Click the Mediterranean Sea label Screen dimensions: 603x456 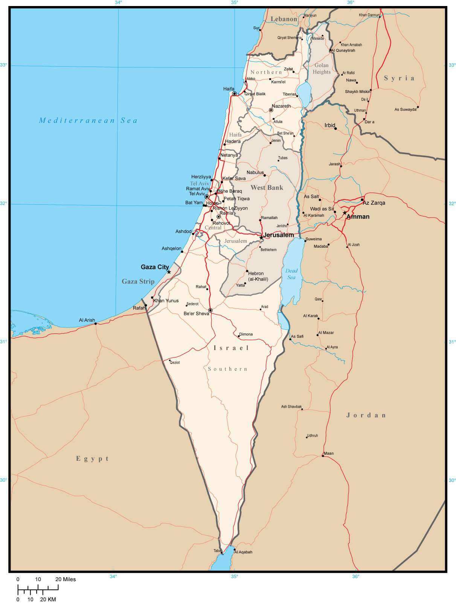(x=88, y=120)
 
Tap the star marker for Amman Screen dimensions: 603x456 (x=345, y=213)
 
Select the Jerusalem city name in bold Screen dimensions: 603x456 (x=278, y=235)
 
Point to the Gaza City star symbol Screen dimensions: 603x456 (x=169, y=272)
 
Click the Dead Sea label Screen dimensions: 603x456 (x=291, y=274)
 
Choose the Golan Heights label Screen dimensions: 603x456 (x=322, y=69)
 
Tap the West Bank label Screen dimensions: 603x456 (x=267, y=187)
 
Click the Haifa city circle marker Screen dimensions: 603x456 (x=234, y=94)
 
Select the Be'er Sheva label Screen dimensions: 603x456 (x=196, y=314)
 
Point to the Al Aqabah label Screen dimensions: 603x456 (x=243, y=552)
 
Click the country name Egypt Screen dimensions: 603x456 (x=93, y=458)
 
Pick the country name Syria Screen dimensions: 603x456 (x=399, y=78)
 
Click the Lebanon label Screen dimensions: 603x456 (x=284, y=19)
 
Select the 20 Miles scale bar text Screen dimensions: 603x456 (x=66, y=579)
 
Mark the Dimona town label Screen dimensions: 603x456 (x=246, y=334)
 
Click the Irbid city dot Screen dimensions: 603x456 (x=336, y=129)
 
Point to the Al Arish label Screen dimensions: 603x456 (x=87, y=320)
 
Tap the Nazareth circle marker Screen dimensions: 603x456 (x=271, y=110)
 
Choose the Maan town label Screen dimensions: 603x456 (x=328, y=453)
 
